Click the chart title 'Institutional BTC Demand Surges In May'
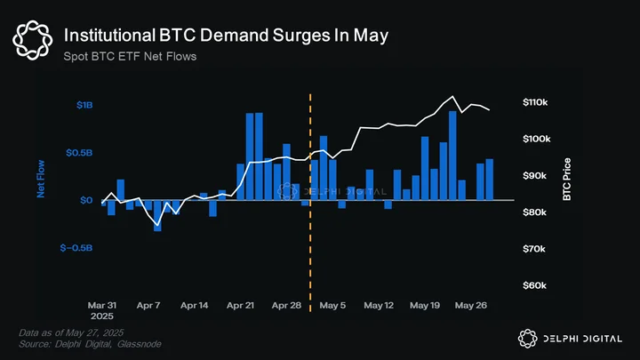[226, 36]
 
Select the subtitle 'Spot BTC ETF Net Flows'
[130, 56]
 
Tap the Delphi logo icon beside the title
[33, 40]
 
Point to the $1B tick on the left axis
[84, 105]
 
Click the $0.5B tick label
[79, 153]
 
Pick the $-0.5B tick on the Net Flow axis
[76, 248]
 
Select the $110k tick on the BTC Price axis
[535, 102]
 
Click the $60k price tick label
[534, 285]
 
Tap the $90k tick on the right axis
[535, 175]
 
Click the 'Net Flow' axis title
[41, 179]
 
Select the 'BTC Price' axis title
[567, 180]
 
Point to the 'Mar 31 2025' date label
[102, 310]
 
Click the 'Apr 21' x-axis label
[240, 305]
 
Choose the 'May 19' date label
[425, 305]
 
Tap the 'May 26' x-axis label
[471, 305]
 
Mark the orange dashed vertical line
[310, 203]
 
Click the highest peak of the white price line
[452, 96]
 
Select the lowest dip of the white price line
[157, 225]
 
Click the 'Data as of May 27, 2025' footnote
[71, 332]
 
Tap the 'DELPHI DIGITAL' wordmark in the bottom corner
[583, 339]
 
